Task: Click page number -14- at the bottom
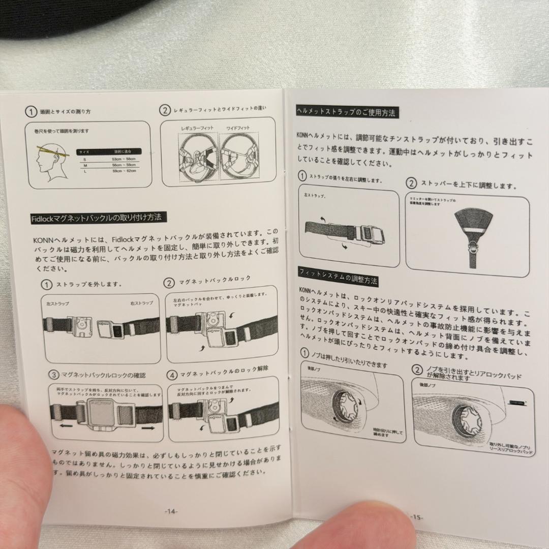click(171, 511)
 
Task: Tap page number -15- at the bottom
click(416, 517)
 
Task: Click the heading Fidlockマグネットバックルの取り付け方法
click(97, 218)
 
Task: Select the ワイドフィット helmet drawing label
click(237, 128)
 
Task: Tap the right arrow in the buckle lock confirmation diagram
click(147, 429)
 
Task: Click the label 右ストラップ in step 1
click(141, 303)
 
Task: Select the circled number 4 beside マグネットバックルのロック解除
click(172, 375)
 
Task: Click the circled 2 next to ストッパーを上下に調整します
click(411, 184)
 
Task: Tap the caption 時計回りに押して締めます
click(387, 433)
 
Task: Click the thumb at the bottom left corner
click(20, 473)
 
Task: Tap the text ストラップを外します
click(88, 284)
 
